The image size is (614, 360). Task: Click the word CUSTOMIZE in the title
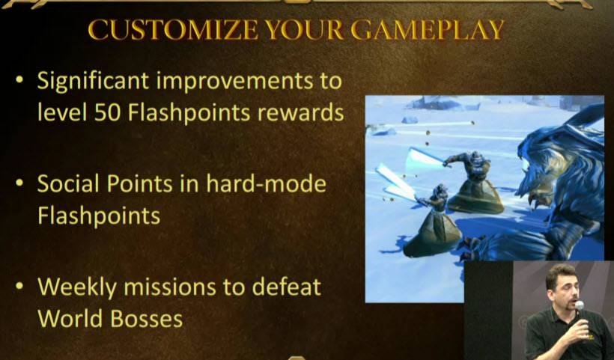pos(173,30)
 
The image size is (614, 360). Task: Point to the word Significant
pos(93,82)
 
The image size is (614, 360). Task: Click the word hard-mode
pos(266,183)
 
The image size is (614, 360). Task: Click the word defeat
pos(286,287)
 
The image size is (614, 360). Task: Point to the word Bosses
pos(146,319)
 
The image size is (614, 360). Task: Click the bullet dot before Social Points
pos(19,183)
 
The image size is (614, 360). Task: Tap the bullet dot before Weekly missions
pos(19,286)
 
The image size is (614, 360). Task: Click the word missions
pos(170,287)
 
